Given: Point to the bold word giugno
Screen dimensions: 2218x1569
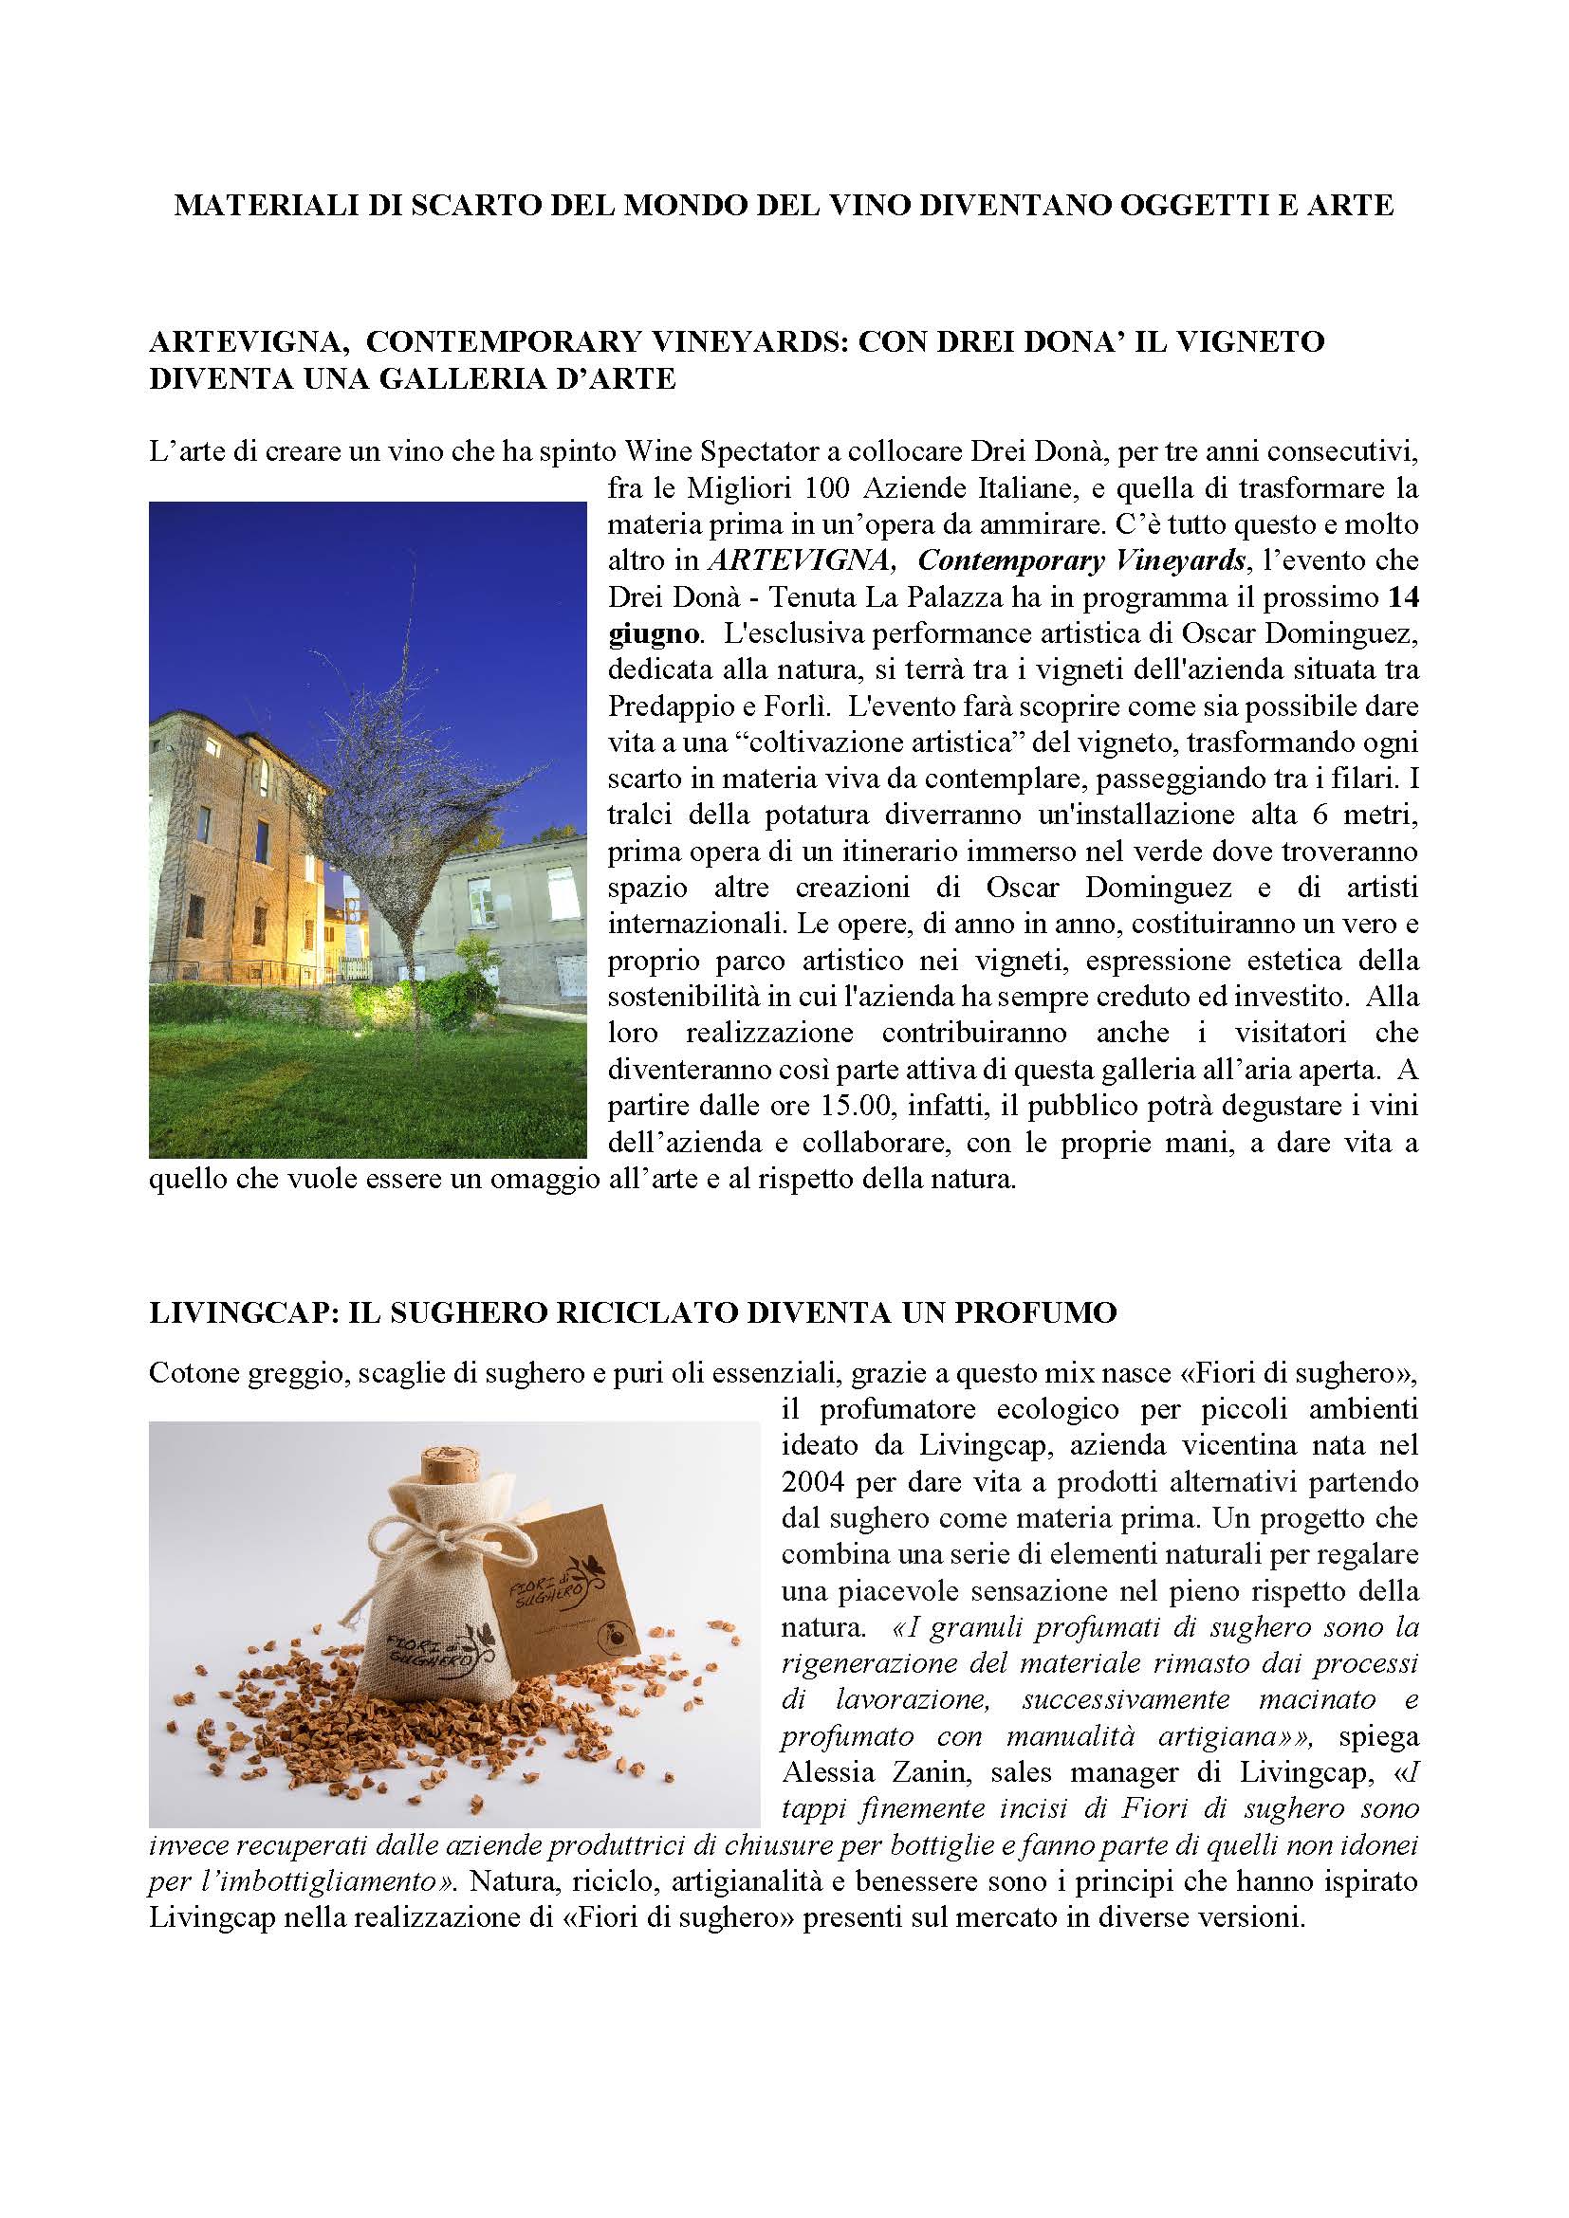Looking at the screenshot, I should pyautogui.click(x=653, y=634).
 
